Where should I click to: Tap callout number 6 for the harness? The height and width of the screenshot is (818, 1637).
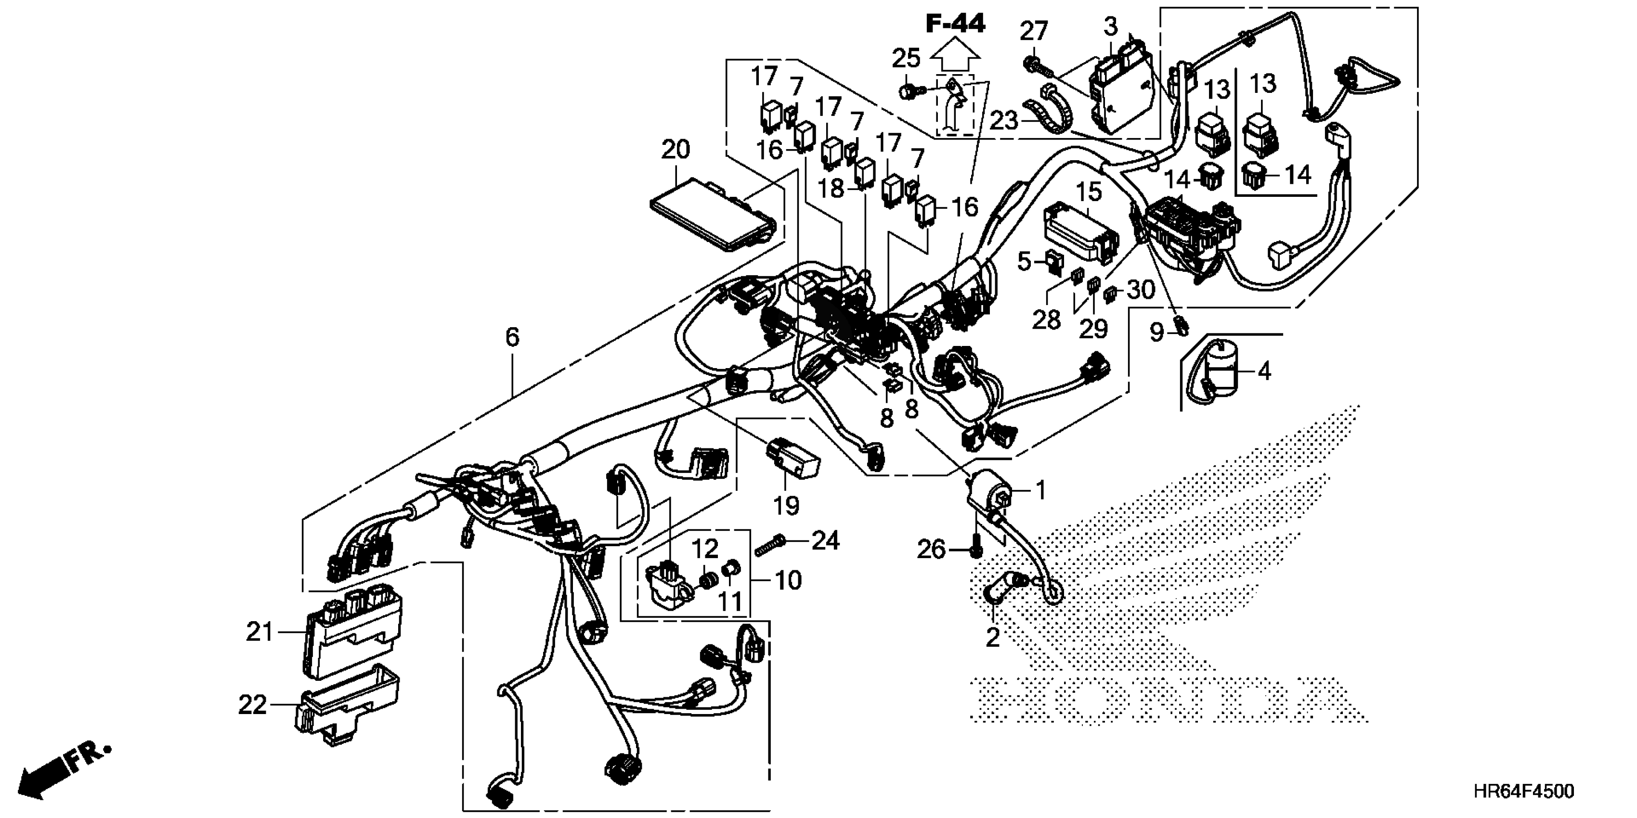click(x=512, y=337)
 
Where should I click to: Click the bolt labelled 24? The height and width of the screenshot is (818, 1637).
click(x=771, y=544)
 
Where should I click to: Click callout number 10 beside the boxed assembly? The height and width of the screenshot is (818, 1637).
click(x=789, y=580)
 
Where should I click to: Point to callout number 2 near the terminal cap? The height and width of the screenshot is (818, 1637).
click(x=993, y=637)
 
